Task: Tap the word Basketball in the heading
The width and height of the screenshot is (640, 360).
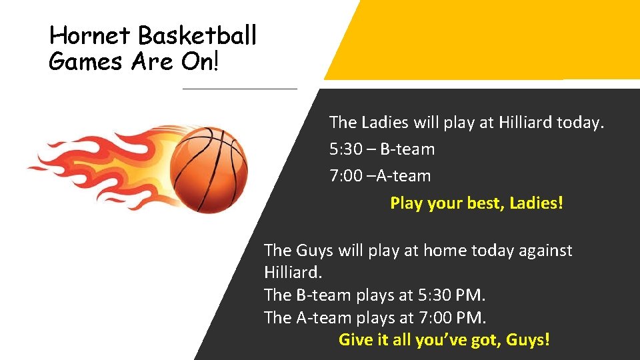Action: click(197, 35)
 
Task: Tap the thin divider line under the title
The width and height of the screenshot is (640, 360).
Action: click(239, 89)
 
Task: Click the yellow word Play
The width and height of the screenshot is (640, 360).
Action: click(405, 203)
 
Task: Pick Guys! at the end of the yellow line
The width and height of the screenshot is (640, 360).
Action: click(528, 340)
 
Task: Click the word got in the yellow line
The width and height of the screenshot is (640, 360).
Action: click(487, 341)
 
